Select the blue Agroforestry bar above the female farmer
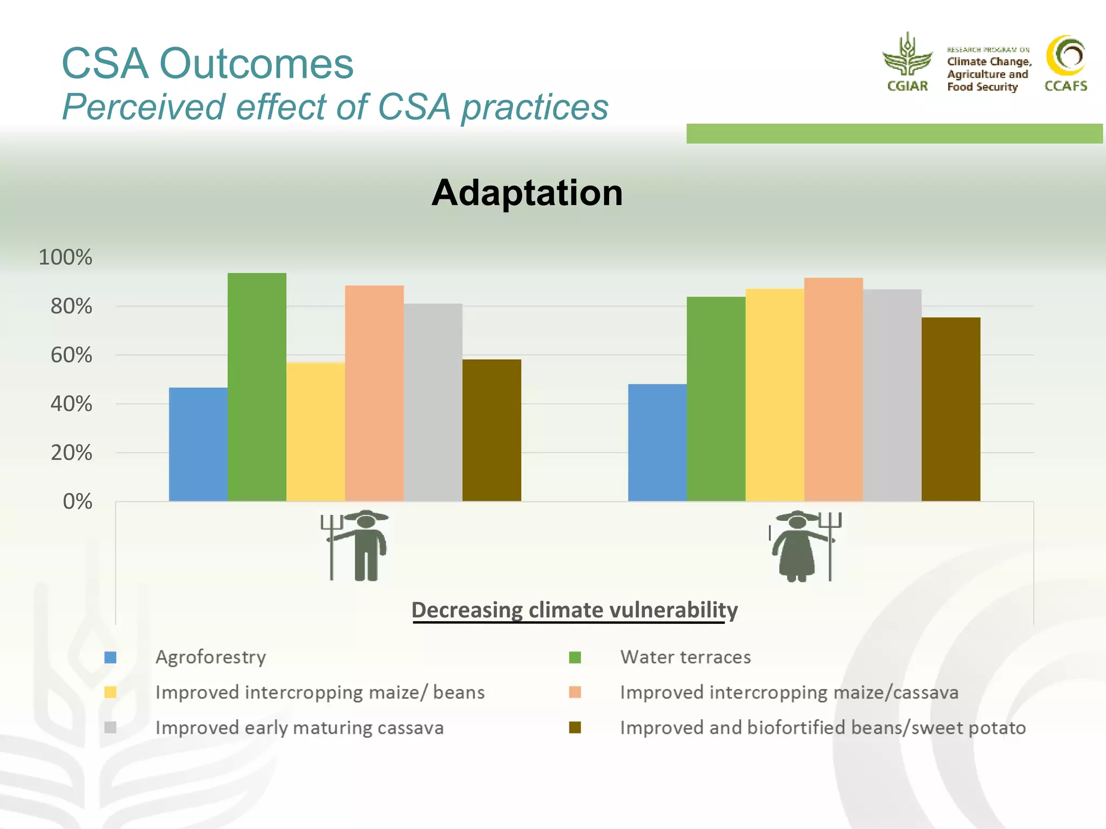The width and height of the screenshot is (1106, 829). [x=657, y=443]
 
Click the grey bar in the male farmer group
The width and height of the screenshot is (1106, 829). [x=433, y=402]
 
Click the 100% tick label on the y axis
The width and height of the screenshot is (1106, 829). [x=65, y=257]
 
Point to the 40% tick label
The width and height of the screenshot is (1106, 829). [x=71, y=404]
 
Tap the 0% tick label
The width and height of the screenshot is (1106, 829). [x=77, y=502]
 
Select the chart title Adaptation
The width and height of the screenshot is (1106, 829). [x=527, y=193]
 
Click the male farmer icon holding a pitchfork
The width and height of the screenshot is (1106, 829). [x=356, y=545]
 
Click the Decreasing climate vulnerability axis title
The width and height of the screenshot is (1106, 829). [x=574, y=610]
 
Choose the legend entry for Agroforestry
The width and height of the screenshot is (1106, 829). [x=211, y=657]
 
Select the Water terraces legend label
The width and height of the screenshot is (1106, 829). [x=685, y=657]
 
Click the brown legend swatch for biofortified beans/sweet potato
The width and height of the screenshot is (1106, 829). [x=575, y=728]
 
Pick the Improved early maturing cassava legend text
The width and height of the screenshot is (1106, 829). [x=299, y=728]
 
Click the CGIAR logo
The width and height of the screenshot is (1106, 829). [x=907, y=62]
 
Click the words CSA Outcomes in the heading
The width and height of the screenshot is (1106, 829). [x=207, y=64]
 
